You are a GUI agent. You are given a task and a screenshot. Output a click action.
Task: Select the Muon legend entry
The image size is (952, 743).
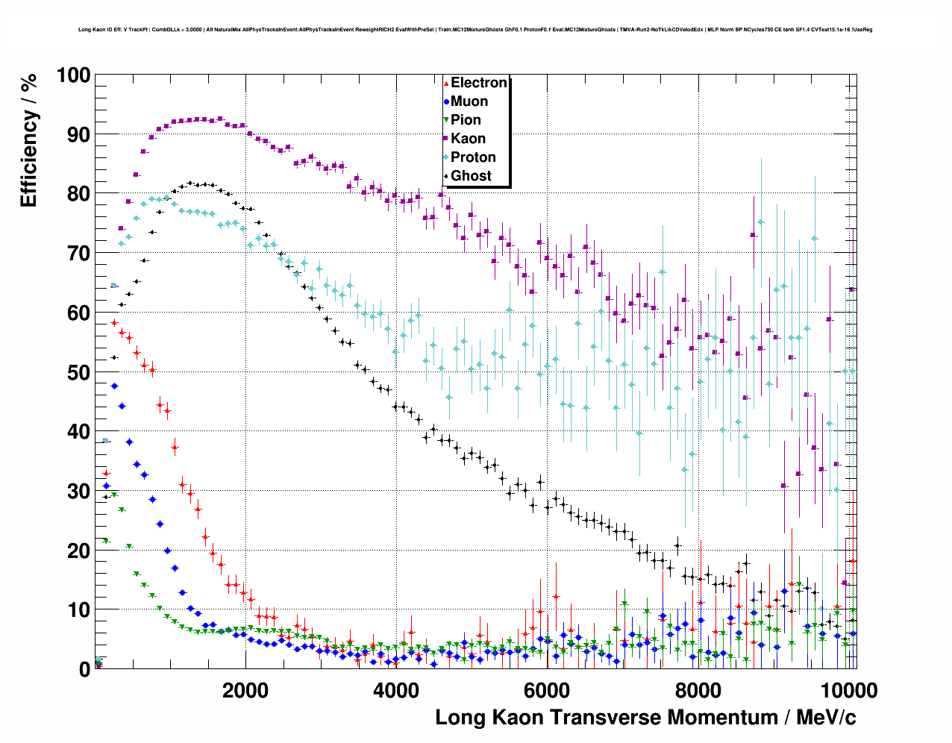(x=469, y=101)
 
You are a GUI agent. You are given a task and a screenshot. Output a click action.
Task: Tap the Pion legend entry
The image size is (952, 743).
(x=466, y=120)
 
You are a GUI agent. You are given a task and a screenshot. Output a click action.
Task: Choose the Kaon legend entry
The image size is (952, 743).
(x=468, y=139)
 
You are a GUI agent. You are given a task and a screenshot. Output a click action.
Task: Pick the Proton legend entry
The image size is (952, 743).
(x=473, y=157)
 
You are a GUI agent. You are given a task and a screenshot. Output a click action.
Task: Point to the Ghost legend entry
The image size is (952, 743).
(x=471, y=176)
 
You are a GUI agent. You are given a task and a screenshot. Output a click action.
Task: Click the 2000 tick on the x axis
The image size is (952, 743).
(x=245, y=690)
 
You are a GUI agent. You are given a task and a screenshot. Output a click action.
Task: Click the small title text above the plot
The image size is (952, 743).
(x=475, y=30)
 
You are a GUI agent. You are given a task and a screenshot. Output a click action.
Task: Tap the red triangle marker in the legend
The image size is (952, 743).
(x=446, y=83)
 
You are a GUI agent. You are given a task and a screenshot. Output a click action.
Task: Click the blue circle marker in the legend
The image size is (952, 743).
(x=446, y=101)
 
